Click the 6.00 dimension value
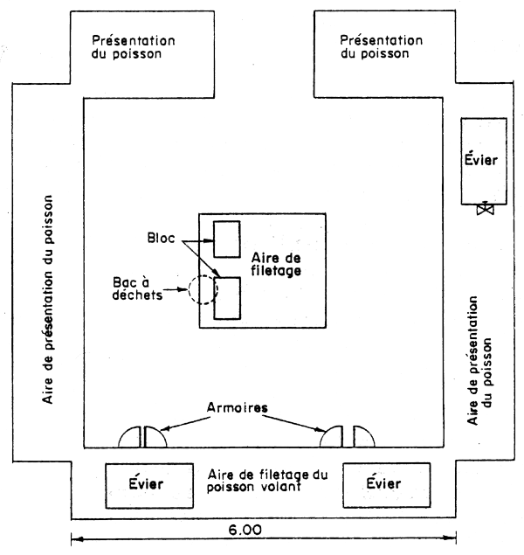[x=261, y=529]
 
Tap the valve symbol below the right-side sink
[x=481, y=210]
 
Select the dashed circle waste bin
[x=203, y=290]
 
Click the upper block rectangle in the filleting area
[x=227, y=239]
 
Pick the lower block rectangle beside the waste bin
[x=228, y=296]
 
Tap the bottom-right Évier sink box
[x=386, y=483]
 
